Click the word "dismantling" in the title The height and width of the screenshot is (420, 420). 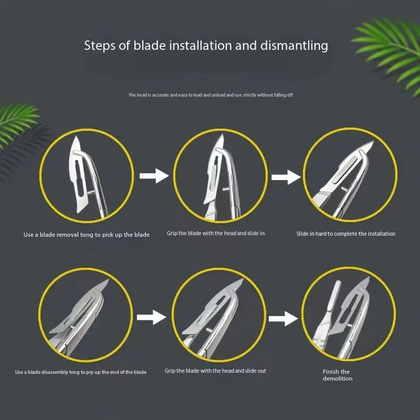(294, 45)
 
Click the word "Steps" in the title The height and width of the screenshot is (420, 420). (100, 46)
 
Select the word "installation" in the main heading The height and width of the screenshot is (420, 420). (200, 45)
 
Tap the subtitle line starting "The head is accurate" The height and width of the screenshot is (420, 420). (210, 95)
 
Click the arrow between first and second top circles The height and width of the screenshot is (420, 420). (154, 176)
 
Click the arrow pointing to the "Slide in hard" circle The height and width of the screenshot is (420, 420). (286, 177)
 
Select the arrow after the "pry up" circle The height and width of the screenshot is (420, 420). (151, 317)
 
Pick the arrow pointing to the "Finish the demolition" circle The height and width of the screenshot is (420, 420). (283, 319)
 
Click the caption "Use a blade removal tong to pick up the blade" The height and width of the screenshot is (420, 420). (86, 235)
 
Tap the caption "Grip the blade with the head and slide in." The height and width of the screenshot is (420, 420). (216, 233)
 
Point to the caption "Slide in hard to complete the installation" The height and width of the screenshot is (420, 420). (346, 234)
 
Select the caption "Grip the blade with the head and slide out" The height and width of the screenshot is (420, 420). (215, 371)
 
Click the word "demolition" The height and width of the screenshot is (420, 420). (337, 379)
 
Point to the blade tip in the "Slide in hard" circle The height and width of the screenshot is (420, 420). (373, 142)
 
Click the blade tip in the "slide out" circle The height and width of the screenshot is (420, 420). (242, 280)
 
